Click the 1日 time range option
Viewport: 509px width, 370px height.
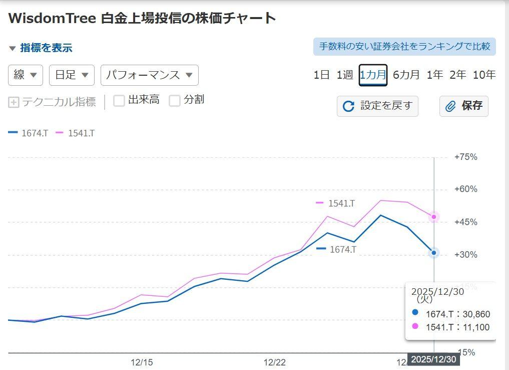point(321,75)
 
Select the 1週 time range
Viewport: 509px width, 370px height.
point(344,75)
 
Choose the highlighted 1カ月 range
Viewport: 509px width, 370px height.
point(373,75)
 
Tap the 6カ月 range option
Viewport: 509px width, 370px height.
point(406,75)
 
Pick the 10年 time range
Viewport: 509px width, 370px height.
point(483,75)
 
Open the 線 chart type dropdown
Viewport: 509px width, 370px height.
point(26,75)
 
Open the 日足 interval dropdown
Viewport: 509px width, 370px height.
point(72,75)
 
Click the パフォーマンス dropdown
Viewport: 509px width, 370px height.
point(149,75)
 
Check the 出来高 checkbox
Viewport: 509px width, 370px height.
point(119,100)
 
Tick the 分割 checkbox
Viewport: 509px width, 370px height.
point(175,100)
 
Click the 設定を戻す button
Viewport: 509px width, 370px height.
point(377,106)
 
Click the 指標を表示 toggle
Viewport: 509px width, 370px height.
point(41,48)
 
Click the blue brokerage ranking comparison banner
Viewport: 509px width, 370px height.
point(404,47)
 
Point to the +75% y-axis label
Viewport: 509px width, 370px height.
point(465,157)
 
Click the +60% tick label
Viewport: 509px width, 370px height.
point(465,190)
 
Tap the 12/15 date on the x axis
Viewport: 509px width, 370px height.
point(142,362)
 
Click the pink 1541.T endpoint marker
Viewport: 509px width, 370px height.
point(434,217)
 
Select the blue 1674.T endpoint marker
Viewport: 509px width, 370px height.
point(434,253)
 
